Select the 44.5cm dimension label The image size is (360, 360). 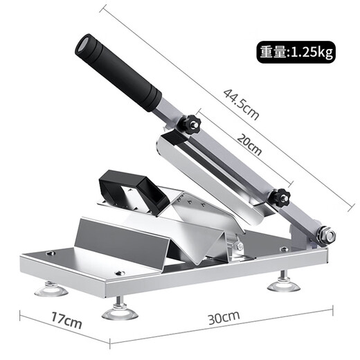241,103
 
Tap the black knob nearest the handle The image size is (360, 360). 190,125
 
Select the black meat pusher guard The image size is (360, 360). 135,190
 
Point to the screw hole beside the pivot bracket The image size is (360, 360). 284,249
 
